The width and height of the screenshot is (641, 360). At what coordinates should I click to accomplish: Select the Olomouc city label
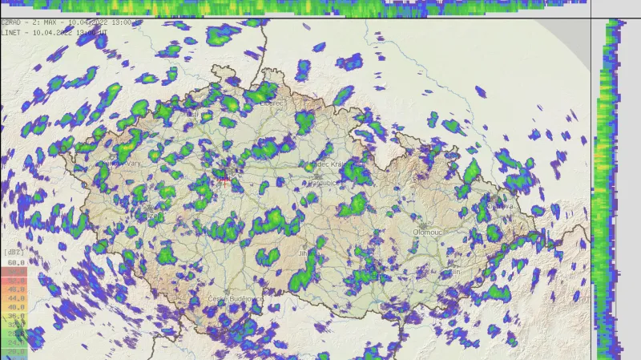coord(426,232)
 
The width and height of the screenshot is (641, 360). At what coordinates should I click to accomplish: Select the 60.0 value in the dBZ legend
coord(15,262)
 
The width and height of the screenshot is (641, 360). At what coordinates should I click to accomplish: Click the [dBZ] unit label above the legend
coord(15,253)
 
